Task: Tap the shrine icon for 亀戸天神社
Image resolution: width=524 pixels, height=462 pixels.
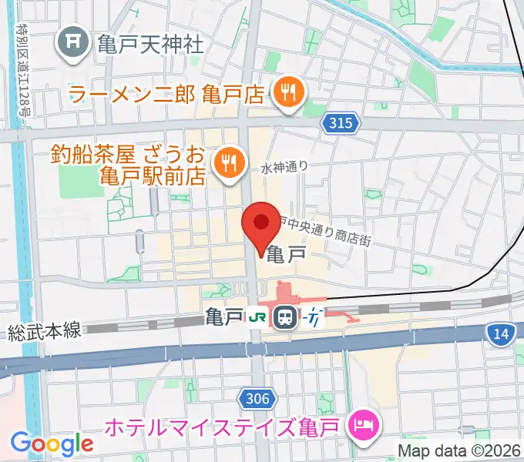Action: (76, 42)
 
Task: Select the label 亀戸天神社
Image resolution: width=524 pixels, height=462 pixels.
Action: (150, 43)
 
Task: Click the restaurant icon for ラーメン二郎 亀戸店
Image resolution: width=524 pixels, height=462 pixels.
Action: (291, 94)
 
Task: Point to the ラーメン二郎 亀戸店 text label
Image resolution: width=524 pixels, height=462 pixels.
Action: (167, 95)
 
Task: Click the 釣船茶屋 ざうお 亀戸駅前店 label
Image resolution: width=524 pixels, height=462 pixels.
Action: (128, 164)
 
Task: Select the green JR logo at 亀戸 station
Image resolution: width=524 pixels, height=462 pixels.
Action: (256, 316)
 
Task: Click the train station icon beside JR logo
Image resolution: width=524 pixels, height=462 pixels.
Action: (285, 316)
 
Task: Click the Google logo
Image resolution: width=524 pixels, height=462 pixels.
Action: (52, 444)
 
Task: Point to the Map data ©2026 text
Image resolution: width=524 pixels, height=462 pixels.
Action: (459, 450)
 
